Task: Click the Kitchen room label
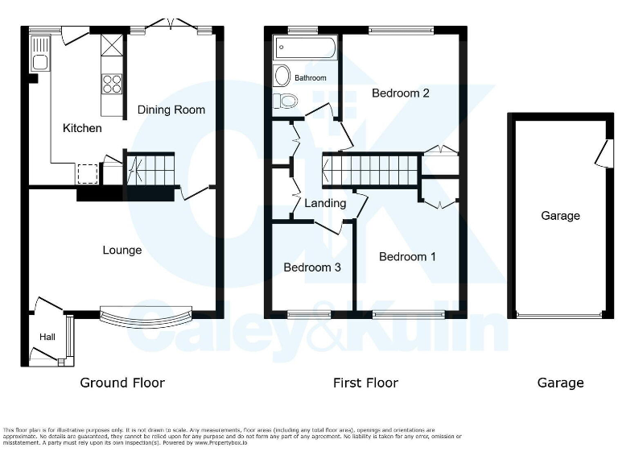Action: (82, 128)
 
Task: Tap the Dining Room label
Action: (171, 110)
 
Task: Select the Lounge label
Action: (122, 250)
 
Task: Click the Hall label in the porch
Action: (47, 336)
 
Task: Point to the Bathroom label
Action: (310, 78)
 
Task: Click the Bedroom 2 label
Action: (400, 93)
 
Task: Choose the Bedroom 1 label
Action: (407, 256)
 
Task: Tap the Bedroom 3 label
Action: (312, 267)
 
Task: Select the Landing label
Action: (325, 203)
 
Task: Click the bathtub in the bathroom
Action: (305, 48)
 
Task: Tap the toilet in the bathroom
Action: (286, 101)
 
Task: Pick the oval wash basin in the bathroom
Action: (282, 77)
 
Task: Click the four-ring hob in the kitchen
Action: (112, 83)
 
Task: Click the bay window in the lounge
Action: (146, 316)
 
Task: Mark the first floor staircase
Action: (371, 170)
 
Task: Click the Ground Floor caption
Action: (122, 383)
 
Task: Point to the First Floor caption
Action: (365, 383)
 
